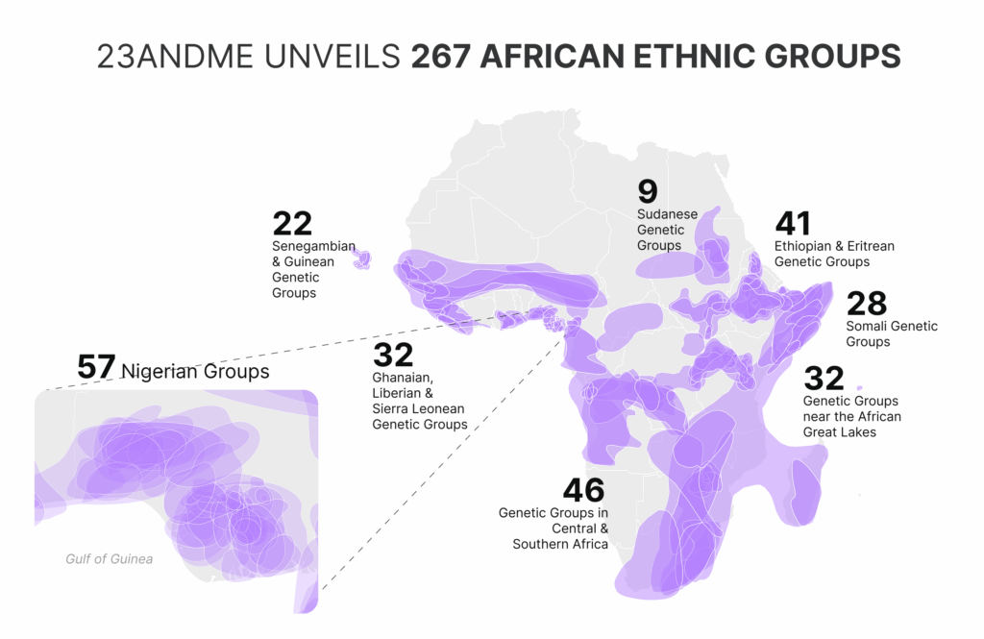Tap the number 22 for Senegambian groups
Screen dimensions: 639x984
(x=292, y=224)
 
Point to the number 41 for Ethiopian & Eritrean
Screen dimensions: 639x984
(x=793, y=223)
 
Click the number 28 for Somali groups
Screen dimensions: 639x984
(x=866, y=304)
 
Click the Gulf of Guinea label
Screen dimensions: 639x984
(x=109, y=559)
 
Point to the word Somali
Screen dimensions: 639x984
(x=868, y=327)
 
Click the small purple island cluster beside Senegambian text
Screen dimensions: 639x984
(x=363, y=259)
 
